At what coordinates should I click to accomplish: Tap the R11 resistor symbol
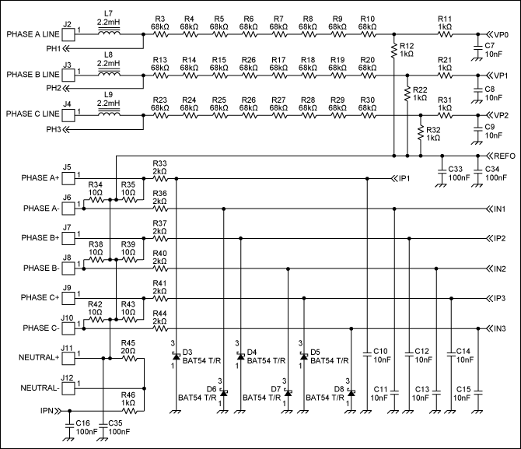pos(445,35)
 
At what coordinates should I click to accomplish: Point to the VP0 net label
pos(498,35)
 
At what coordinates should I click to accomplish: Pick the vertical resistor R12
pos(394,52)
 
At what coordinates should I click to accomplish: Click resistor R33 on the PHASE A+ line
pos(159,179)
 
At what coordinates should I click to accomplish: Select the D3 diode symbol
pos(176,356)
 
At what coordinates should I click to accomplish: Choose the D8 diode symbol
pos(351,394)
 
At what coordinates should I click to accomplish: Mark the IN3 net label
pos(498,328)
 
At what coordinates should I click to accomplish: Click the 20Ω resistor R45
pos(128,358)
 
